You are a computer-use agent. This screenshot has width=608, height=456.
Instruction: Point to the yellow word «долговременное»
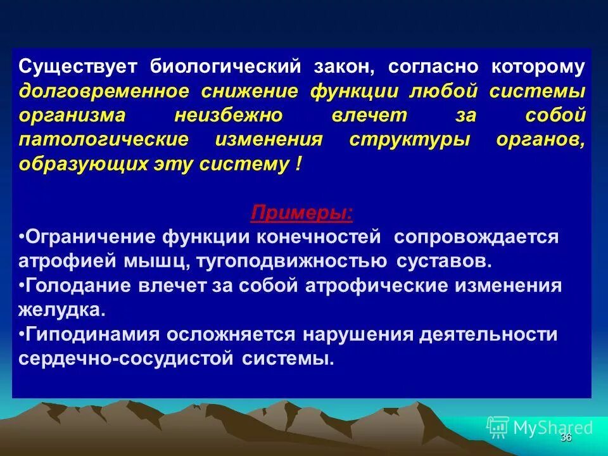point(104,91)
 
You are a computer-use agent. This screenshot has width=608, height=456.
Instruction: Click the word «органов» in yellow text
point(541,139)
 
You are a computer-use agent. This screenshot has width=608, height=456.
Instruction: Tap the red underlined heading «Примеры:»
point(302,212)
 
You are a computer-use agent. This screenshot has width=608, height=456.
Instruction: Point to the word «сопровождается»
point(476,237)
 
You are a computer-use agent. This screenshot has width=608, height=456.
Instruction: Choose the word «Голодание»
point(77,285)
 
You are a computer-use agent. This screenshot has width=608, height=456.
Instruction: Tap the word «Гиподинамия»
point(86,334)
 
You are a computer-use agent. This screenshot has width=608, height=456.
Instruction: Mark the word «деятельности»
point(488,334)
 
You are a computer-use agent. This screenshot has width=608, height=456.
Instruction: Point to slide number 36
point(566,438)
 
